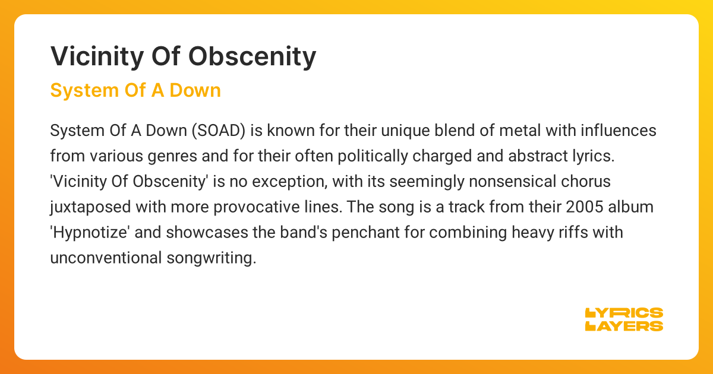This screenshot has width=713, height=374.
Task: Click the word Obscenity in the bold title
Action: (252, 57)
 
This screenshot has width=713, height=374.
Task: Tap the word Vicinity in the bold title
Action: (97, 57)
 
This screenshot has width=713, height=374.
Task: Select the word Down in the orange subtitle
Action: (195, 90)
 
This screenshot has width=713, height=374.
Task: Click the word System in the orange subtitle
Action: (84, 91)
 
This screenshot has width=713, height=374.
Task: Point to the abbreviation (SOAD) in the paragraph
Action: (219, 131)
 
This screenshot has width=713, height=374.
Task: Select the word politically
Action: (373, 156)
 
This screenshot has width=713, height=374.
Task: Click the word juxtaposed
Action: (90, 207)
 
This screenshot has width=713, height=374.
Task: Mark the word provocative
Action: (257, 207)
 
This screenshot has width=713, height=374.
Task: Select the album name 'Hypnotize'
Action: (90, 233)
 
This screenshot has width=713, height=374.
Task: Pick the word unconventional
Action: (106, 258)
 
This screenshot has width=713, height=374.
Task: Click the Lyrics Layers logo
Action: (624, 319)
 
